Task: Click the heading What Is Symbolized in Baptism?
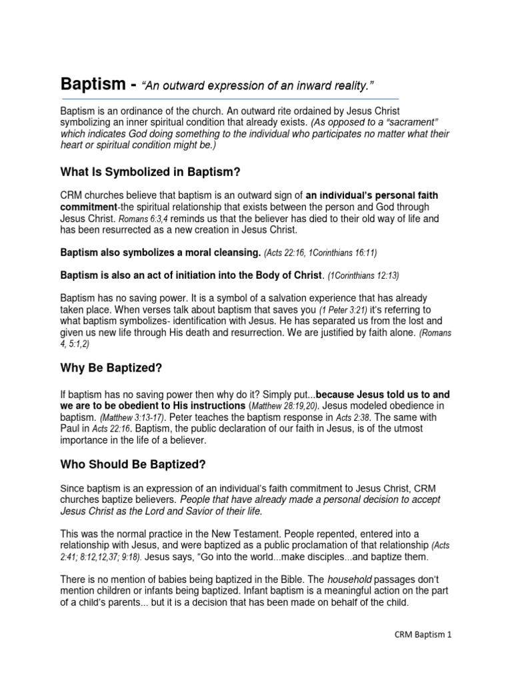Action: [x=150, y=171]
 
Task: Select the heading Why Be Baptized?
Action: [x=111, y=368]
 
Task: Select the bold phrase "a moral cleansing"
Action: [x=210, y=253]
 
